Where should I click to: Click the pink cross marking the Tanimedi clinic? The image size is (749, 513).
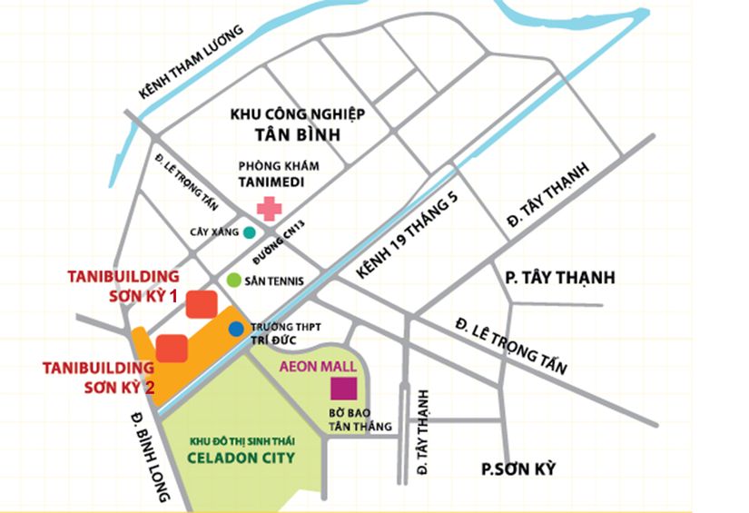269,208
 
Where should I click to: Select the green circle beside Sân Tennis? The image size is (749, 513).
234,281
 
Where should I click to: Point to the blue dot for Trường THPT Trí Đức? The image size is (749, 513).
236,329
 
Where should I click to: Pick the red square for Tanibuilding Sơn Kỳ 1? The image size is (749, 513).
201,304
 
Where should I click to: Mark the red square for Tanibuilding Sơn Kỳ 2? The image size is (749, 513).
172,348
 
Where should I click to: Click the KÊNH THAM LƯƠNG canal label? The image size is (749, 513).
192,62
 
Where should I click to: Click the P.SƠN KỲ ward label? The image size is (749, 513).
517,469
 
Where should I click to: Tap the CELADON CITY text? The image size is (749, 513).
241,458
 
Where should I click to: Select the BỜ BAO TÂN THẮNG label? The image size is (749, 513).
360,419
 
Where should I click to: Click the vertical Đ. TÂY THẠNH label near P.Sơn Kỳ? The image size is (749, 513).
422,432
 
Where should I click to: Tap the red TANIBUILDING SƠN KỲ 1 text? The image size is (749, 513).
123,286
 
